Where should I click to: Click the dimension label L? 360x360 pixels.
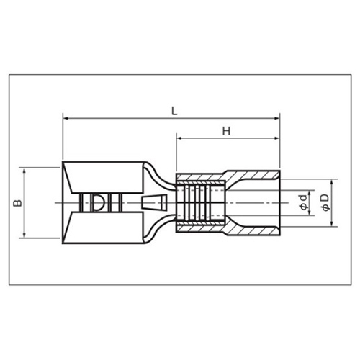coord(174,111)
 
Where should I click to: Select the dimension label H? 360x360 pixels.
coord(226,131)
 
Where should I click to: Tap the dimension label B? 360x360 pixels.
coord(17,203)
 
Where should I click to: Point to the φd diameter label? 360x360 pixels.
coord(304,203)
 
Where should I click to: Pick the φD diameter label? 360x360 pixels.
coord(325,203)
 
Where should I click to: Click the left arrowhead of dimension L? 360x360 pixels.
coord(66,118)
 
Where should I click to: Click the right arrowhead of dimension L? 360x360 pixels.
coord(277,118)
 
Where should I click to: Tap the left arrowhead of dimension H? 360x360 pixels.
coord(179,138)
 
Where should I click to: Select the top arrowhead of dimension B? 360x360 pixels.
coord(24,171)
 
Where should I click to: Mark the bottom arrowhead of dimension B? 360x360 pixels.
coord(24,235)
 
